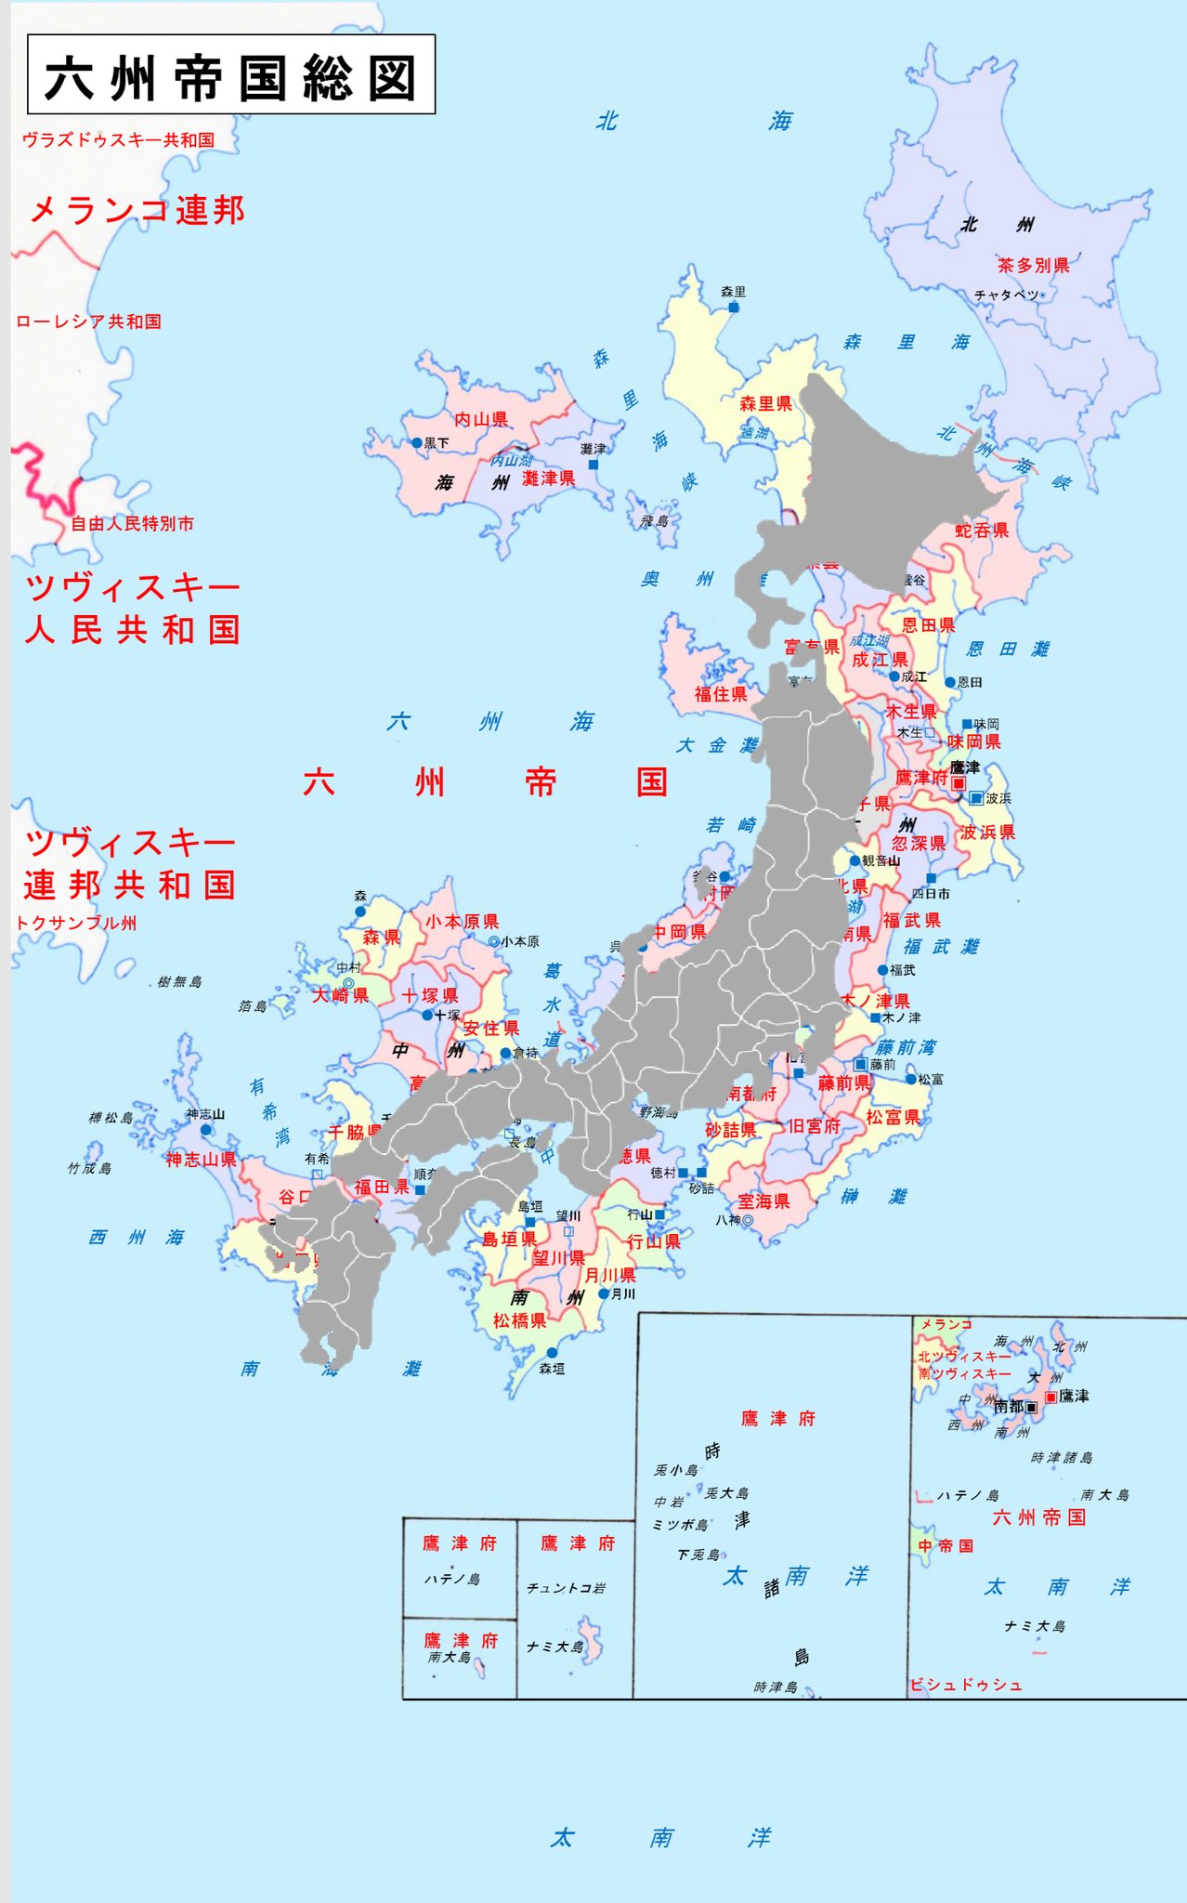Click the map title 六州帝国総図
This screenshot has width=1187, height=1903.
[230, 76]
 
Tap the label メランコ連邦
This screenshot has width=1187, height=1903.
[137, 210]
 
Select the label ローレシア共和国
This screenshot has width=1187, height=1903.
[88, 322]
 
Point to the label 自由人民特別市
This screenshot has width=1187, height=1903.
[133, 523]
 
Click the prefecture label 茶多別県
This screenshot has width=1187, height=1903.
[1033, 265]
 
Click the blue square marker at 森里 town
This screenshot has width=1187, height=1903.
[734, 307]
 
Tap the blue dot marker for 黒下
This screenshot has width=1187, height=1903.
[417, 443]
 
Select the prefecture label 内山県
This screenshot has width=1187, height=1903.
[481, 419]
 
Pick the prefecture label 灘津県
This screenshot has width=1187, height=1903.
[548, 479]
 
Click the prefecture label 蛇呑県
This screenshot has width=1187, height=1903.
[982, 531]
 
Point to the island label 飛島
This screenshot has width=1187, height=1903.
[654, 521]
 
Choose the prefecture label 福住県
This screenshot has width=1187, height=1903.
[721, 693]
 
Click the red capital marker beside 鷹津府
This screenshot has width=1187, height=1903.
[959, 783]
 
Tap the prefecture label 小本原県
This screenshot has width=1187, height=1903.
[463, 921]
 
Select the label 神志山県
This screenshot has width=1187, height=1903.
[201, 1159]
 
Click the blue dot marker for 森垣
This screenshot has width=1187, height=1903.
[552, 1353]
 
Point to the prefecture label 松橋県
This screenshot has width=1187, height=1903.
[519, 1320]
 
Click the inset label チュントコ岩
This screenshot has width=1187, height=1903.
[566, 1588]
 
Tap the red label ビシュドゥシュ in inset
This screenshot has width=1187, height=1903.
[965, 1685]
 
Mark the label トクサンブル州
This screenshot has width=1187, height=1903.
[76, 923]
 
